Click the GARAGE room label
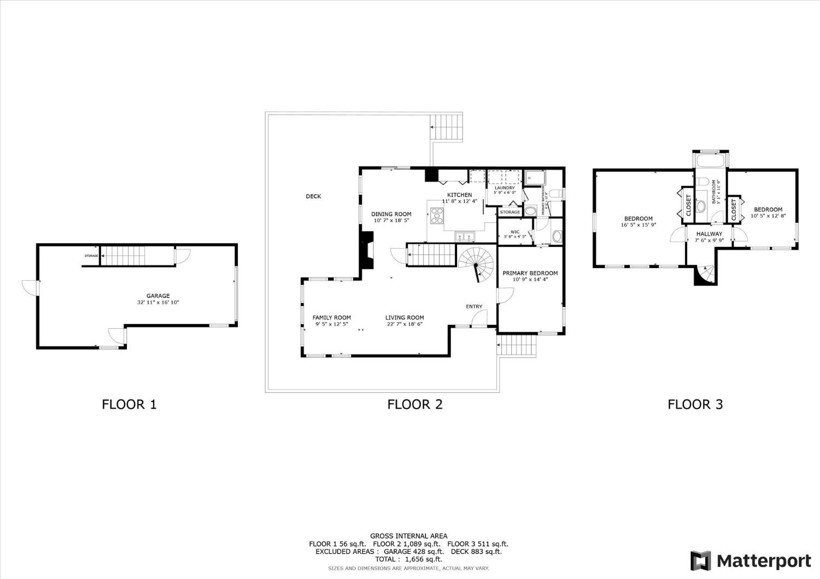tap(158, 296)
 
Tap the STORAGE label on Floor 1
tap(91, 256)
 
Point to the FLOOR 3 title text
tap(695, 404)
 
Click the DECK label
tap(313, 196)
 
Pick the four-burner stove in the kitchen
tap(437, 216)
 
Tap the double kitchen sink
tap(465, 237)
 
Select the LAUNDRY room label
tap(504, 188)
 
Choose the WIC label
tap(515, 232)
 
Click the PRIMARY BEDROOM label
tap(530, 273)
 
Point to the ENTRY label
tap(474, 306)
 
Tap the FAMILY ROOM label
tap(332, 317)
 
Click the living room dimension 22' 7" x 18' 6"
tap(405, 324)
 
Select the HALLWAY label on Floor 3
tap(709, 234)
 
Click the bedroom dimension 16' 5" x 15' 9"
tap(638, 224)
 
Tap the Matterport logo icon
tap(701, 561)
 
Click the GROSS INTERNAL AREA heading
tap(409, 536)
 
